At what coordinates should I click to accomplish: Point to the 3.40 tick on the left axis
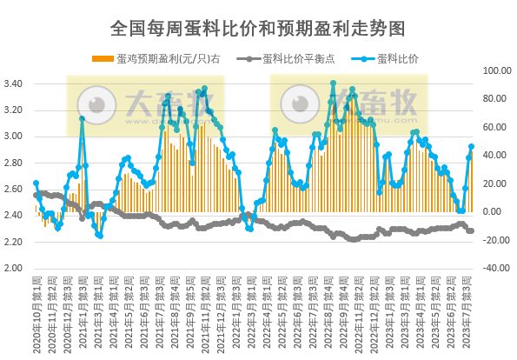16,83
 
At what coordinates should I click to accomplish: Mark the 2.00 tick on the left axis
16,268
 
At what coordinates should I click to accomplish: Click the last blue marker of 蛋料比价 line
472,147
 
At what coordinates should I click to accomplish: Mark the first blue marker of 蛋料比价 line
36,183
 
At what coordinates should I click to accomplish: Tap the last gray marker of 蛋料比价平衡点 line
472,230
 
